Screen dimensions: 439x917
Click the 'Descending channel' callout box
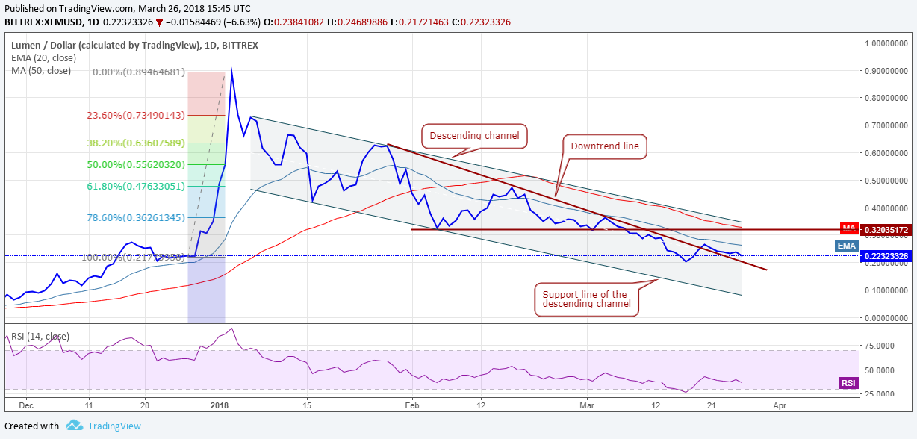point(475,137)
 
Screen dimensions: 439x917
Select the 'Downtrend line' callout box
point(604,146)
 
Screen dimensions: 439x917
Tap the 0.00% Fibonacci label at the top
point(138,72)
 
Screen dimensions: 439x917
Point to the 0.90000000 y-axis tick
point(888,71)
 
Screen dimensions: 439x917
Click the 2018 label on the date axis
point(220,405)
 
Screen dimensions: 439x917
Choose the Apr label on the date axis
point(780,405)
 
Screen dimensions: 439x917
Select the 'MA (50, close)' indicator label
point(41,71)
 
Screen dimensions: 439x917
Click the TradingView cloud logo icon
point(74,426)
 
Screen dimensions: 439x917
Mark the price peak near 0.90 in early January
point(231,70)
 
